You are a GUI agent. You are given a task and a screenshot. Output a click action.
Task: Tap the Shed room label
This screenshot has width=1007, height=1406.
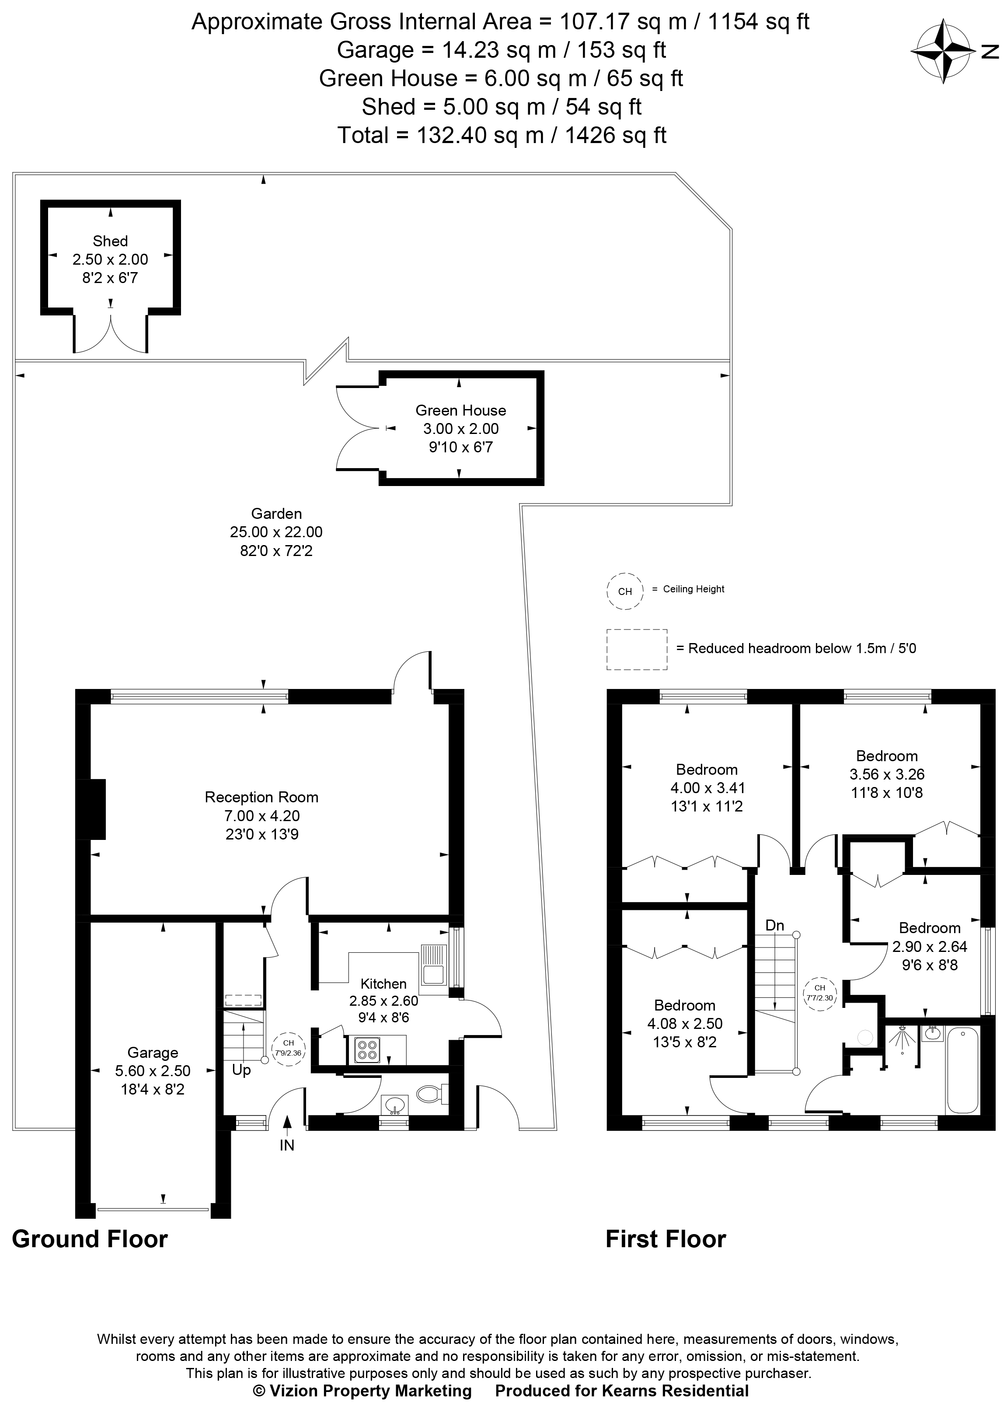[110, 241]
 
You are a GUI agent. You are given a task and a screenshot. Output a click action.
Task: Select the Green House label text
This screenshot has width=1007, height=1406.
[460, 410]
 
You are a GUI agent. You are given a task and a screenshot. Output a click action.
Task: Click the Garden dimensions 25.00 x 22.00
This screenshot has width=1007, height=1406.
[276, 532]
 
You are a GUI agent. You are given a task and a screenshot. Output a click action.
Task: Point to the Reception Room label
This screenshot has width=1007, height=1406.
[261, 797]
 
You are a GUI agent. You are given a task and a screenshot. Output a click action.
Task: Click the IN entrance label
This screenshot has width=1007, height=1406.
[287, 1146]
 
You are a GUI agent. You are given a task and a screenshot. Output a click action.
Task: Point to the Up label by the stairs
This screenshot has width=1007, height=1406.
[241, 1070]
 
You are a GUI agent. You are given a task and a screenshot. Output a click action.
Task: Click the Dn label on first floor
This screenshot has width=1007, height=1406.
[775, 926]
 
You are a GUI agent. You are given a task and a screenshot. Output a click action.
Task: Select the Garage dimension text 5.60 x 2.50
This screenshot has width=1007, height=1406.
[153, 1070]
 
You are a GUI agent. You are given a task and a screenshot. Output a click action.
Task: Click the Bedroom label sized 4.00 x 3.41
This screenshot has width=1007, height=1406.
[707, 770]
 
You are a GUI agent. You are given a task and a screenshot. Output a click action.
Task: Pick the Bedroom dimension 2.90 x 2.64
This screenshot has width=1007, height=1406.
[930, 947]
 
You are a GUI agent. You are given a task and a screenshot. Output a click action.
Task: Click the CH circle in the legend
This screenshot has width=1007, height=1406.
[625, 591]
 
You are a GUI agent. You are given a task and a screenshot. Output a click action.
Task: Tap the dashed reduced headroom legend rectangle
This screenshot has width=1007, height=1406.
[636, 649]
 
